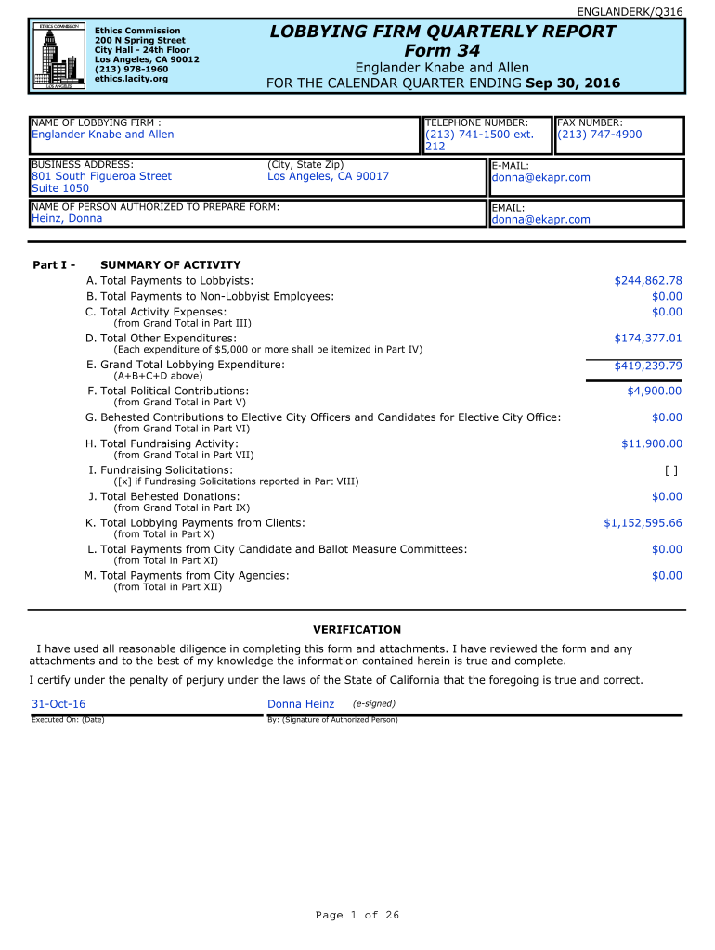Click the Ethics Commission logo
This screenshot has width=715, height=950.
coord(57,55)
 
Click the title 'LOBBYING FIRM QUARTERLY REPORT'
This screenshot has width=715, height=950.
coord(442,32)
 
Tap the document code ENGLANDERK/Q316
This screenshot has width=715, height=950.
coord(643,11)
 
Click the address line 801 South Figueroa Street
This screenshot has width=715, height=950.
coord(101,176)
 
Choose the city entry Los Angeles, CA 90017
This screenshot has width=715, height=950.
coord(328,176)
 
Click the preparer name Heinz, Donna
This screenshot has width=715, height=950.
coord(67,219)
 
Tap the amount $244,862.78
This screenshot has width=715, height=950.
coord(648,280)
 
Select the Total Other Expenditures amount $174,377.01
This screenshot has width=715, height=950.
coord(648,339)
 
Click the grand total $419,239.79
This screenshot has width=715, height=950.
coord(648,366)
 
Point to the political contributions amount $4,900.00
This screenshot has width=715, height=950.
coord(655,392)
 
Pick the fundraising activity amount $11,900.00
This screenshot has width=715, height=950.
coord(651,444)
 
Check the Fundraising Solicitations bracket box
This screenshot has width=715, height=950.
coord(671,470)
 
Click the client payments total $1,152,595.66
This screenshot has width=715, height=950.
coord(643,523)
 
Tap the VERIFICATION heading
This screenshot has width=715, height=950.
coord(357,629)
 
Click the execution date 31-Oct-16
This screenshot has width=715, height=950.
coord(58,705)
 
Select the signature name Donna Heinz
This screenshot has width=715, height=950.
coord(301,705)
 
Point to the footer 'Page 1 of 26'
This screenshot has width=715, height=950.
coord(357,916)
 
